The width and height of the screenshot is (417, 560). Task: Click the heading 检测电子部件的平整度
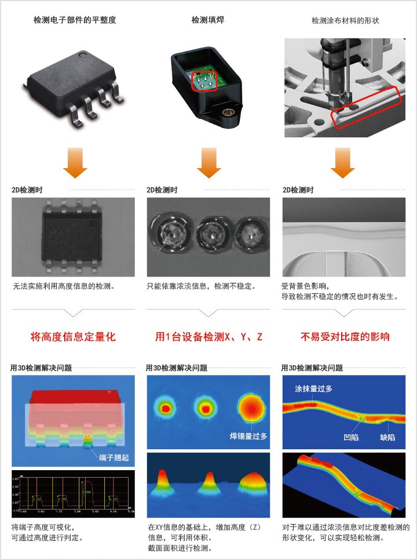click(75, 20)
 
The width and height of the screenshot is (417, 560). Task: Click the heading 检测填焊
click(208, 20)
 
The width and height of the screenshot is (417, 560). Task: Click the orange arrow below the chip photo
click(75, 163)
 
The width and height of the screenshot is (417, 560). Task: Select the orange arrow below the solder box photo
click(209, 163)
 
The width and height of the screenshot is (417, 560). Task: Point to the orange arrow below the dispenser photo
click(343, 163)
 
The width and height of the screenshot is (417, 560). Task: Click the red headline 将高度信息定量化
click(73, 337)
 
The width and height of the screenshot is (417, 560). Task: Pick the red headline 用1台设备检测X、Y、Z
click(209, 337)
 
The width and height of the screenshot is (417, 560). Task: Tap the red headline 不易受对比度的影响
click(345, 337)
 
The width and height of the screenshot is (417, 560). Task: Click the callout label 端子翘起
click(113, 457)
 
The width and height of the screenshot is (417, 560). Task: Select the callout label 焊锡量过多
click(248, 436)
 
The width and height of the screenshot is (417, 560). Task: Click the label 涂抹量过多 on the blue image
click(313, 388)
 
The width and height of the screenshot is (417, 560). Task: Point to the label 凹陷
click(351, 437)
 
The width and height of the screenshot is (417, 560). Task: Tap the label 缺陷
click(387, 437)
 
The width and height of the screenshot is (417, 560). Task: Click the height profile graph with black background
click(73, 494)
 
